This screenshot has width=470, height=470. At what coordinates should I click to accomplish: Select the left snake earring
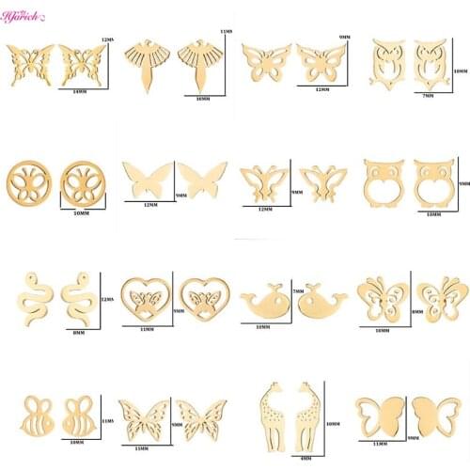(34, 297)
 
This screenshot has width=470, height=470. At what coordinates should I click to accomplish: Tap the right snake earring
(77, 297)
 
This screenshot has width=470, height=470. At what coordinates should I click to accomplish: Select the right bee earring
(77, 412)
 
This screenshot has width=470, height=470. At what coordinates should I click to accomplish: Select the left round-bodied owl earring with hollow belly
(381, 180)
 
